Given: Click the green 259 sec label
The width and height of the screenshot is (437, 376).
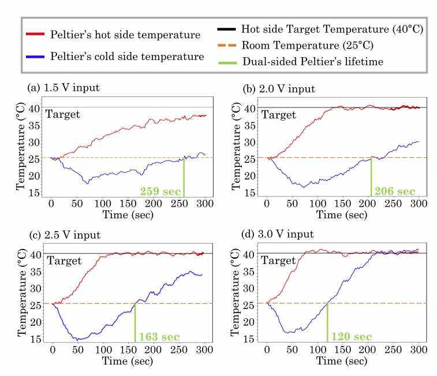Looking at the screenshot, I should pos(160,192).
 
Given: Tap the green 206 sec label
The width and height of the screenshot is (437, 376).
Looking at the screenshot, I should pos(395,191).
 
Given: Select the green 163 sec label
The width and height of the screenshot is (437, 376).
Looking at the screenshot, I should pos(159,337).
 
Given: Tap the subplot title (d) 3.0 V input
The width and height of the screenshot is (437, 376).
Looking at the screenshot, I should pos(279,234).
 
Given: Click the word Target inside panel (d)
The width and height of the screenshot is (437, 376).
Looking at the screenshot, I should pos(279,260).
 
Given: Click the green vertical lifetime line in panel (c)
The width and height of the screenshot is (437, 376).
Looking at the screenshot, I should pos(135,323).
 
